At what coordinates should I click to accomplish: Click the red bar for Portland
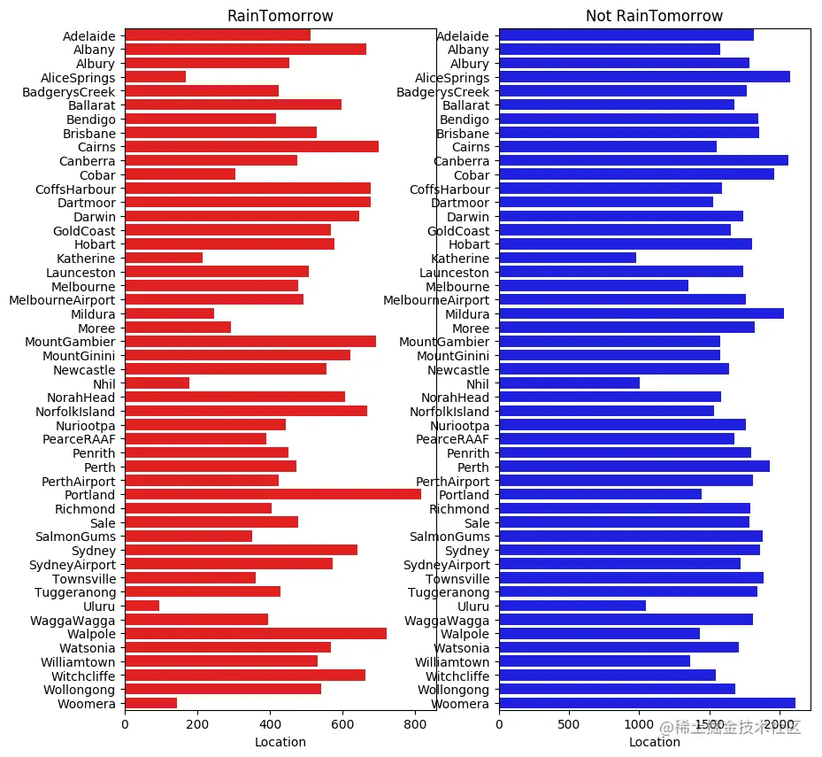coord(273,495)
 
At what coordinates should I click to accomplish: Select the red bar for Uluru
coord(142,606)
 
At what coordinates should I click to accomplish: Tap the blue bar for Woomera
coord(647,703)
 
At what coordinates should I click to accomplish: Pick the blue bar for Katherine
coord(567,258)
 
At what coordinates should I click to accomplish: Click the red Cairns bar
coord(251,147)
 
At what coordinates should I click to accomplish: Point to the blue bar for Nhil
coord(569,383)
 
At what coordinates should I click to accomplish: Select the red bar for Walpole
coord(256,634)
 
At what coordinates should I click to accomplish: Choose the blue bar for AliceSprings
coord(644,77)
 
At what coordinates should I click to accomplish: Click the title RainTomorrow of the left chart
coord(280,17)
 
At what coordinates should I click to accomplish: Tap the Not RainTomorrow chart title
coord(654,17)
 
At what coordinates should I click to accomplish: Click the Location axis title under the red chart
coord(280,742)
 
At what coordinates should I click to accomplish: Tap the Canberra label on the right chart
coord(461,161)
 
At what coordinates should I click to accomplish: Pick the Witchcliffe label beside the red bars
coord(78,676)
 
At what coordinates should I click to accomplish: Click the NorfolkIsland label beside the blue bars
coord(449,412)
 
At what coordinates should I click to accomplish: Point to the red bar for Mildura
coord(169,313)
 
